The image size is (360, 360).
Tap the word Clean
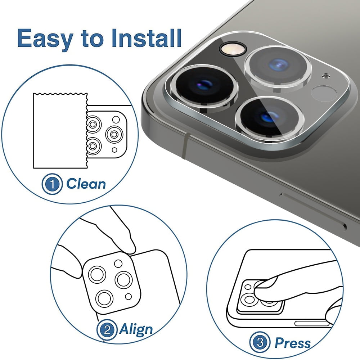click(86, 184)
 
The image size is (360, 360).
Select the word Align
click(136, 330)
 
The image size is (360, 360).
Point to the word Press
click(292, 343)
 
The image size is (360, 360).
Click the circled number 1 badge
click(52, 184)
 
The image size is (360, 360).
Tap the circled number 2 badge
click(107, 330)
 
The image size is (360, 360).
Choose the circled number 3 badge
click(260, 343)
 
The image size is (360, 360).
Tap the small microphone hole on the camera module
click(326, 76)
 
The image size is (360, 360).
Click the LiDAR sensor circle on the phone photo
click(324, 94)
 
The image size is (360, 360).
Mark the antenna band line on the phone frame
click(185, 147)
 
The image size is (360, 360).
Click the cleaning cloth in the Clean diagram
click(60, 131)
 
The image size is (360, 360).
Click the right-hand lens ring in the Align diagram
click(123, 280)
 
